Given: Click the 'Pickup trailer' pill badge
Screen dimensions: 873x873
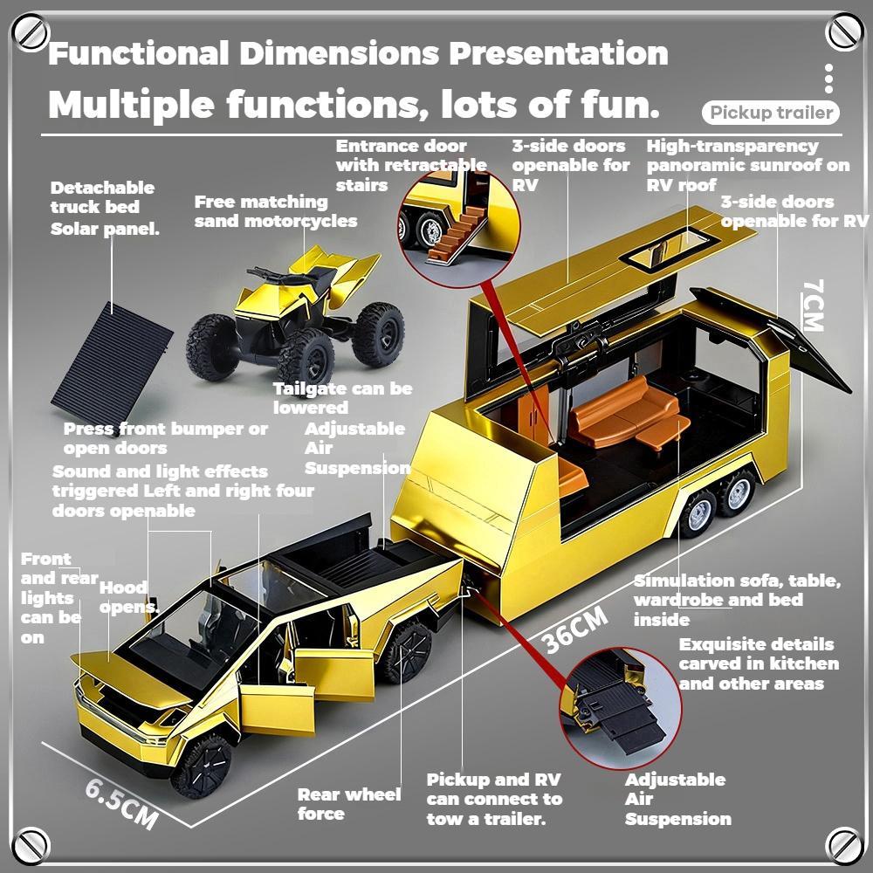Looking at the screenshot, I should point(770,113).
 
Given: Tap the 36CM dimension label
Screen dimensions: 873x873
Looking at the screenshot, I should point(574,629).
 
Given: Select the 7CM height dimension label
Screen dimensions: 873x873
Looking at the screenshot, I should point(812,306).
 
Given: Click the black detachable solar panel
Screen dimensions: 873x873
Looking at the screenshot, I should point(112,361).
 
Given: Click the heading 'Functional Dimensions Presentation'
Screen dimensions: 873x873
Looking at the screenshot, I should point(358,54).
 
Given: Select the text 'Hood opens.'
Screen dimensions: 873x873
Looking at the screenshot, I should point(127,597).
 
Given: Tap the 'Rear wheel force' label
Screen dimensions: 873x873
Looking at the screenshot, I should point(348,804).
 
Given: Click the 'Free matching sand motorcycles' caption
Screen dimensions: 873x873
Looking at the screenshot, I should point(275,211).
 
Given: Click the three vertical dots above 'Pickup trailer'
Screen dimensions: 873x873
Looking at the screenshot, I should point(828,79).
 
